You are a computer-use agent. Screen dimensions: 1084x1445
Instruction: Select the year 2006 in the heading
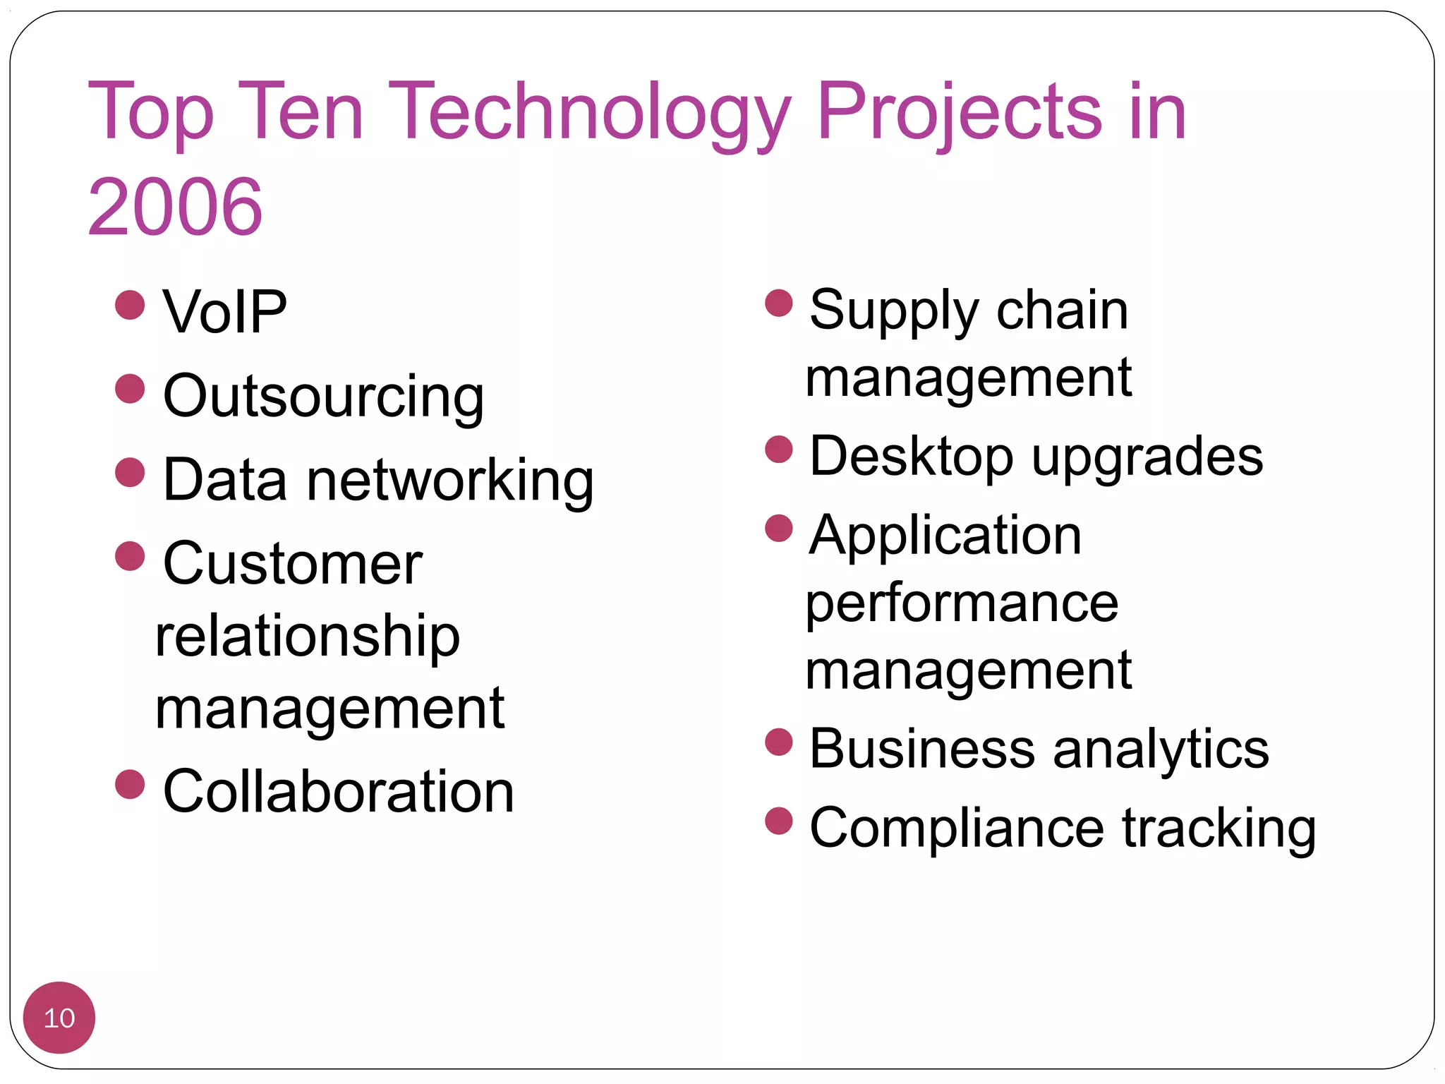[x=174, y=207]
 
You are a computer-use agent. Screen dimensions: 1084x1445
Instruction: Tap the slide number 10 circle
[x=59, y=1018]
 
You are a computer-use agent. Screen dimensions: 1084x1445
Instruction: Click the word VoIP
[x=224, y=312]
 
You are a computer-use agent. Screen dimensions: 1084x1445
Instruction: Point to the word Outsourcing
[x=323, y=397]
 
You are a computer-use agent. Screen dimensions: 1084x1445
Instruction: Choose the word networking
[x=450, y=481]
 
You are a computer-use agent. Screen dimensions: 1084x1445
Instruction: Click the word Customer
[x=292, y=564]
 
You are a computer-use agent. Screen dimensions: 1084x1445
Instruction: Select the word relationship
[x=308, y=637]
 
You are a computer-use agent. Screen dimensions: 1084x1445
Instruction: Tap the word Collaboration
[x=338, y=792]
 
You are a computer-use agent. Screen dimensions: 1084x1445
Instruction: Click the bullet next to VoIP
[x=130, y=305]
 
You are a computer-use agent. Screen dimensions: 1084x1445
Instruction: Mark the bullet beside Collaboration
[x=130, y=784]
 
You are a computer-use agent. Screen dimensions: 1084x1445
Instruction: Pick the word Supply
[x=893, y=311]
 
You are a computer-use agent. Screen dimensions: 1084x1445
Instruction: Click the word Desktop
[x=911, y=457]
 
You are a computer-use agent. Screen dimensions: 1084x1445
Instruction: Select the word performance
[x=962, y=604]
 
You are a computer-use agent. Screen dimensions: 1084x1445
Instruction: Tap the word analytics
[x=1161, y=749]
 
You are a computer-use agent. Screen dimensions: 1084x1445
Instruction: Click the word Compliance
[x=956, y=828]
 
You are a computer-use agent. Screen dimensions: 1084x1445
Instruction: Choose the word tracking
[x=1219, y=829]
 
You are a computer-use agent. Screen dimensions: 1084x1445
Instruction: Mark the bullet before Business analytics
[x=779, y=742]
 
